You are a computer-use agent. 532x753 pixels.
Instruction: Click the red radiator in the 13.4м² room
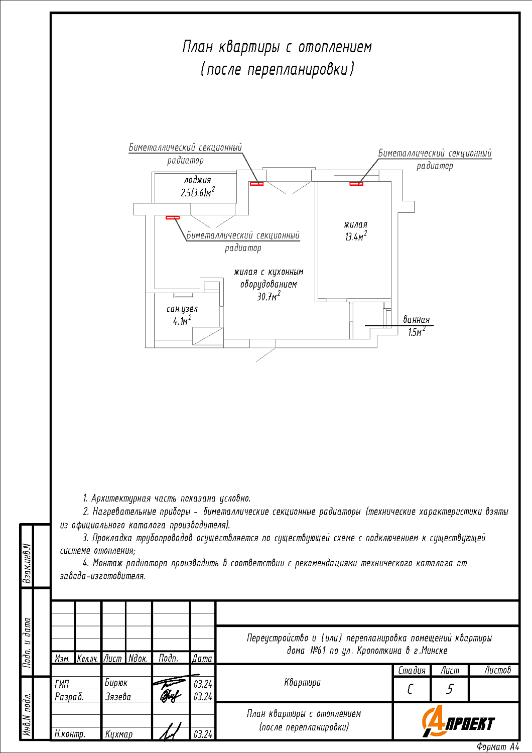coord(356,184)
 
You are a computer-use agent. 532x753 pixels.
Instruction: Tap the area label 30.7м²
coord(269,296)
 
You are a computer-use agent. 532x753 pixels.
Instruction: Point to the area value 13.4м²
coord(355,236)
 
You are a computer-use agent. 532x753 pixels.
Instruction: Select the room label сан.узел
coord(182,309)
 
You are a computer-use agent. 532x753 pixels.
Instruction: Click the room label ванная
coord(417,320)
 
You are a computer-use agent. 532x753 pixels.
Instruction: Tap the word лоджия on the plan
coord(197,180)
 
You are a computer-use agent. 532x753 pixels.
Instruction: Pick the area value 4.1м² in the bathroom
coord(182,321)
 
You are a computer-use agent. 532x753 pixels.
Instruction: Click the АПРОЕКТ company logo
coord(458,722)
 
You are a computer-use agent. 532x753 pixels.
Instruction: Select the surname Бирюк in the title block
coord(116,683)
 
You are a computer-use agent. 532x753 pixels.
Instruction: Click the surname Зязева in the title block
coord(118,696)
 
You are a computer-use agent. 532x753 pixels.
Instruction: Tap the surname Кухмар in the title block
coord(119,734)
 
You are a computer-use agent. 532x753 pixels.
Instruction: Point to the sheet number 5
coord(450,689)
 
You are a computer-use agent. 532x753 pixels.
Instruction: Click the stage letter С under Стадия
coord(411,689)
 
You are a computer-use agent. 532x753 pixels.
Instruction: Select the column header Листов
coord(497,670)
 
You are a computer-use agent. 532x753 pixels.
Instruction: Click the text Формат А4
coord(498,747)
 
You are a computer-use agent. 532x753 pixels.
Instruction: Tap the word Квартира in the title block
coord(302,682)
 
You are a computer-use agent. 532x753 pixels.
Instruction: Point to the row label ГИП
coord(62,683)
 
